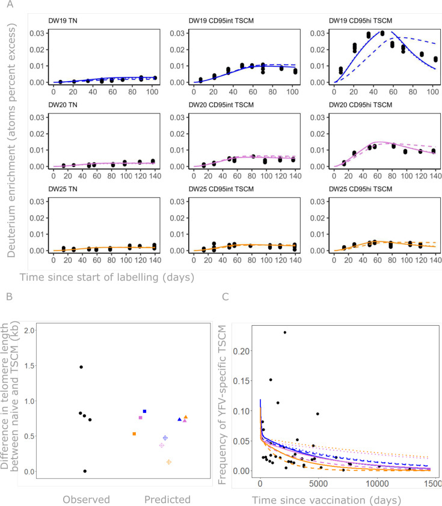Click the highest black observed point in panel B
coord(81,367)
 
